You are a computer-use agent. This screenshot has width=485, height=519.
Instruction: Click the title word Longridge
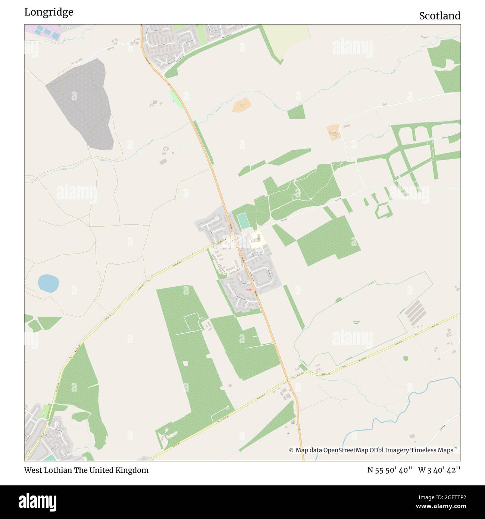(x=48, y=12)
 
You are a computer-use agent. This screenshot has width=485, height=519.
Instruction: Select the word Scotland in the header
(x=439, y=16)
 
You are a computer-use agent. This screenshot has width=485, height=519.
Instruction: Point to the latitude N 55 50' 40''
(x=390, y=470)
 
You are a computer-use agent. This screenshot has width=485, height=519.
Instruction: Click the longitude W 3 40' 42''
(x=439, y=470)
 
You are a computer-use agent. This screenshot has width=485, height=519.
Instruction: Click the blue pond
(x=48, y=283)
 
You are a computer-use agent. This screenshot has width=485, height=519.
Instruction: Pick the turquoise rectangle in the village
(x=243, y=221)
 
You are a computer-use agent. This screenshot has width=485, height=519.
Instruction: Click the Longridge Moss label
(x=356, y=322)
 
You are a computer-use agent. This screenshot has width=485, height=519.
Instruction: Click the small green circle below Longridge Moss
(x=406, y=358)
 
